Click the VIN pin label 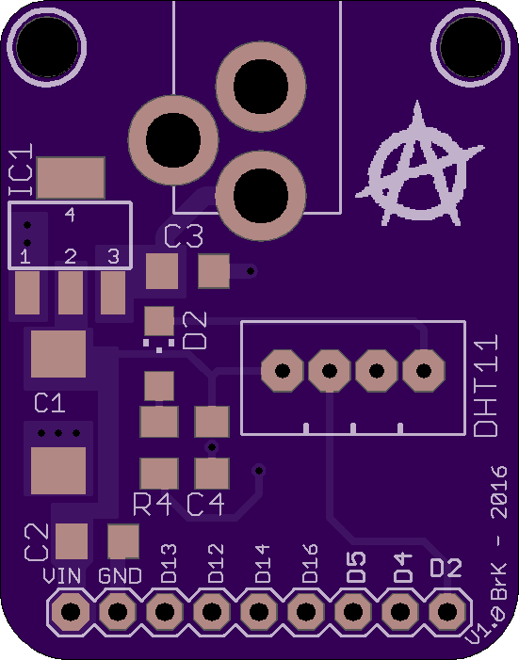coord(61,576)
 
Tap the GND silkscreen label coord(120,576)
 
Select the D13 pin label coord(169,563)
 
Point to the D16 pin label coord(310,563)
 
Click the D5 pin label coord(357,567)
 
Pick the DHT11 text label coord(486,386)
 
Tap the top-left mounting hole coord(47,47)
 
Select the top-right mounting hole coord(471,47)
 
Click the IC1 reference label coord(21,170)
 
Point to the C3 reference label coord(184,236)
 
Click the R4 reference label coord(152,505)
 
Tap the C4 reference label coord(205,505)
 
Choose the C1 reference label coord(50,403)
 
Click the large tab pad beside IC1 coord(71,178)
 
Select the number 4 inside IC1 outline coord(70,215)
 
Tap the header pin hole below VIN coord(71,611)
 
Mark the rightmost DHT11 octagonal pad coord(424,371)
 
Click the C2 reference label coord(37,542)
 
